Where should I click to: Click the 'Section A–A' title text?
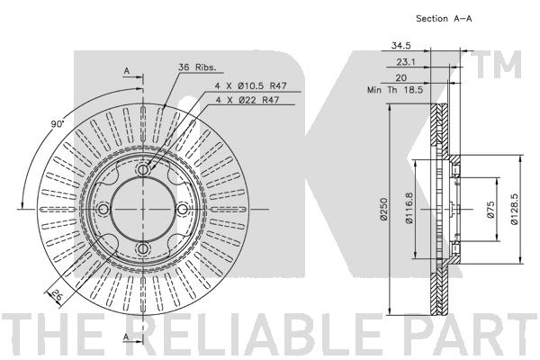click(444, 19)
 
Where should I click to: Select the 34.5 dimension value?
click(400, 45)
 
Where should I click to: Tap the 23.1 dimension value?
click(406, 62)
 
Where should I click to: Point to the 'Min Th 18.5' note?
click(395, 90)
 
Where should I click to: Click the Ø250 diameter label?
click(384, 209)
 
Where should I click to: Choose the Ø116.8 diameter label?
click(409, 209)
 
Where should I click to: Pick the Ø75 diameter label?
click(491, 210)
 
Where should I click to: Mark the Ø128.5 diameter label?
click(514, 209)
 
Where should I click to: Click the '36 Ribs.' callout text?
click(197, 67)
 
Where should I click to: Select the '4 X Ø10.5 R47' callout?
click(251, 85)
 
